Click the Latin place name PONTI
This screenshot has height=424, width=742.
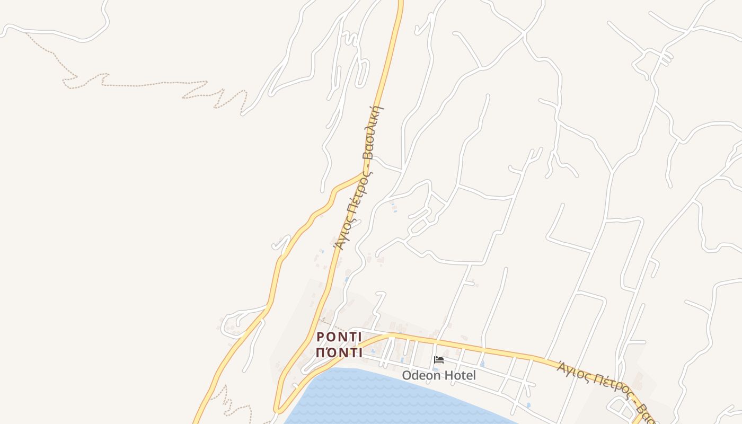pyautogui.click(x=339, y=337)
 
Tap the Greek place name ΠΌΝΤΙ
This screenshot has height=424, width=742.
pyautogui.click(x=339, y=352)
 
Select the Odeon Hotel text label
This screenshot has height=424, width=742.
pyautogui.click(x=439, y=375)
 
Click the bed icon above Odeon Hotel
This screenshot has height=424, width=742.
pyautogui.click(x=439, y=360)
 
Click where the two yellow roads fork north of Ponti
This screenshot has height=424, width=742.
pyautogui.click(x=363, y=174)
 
